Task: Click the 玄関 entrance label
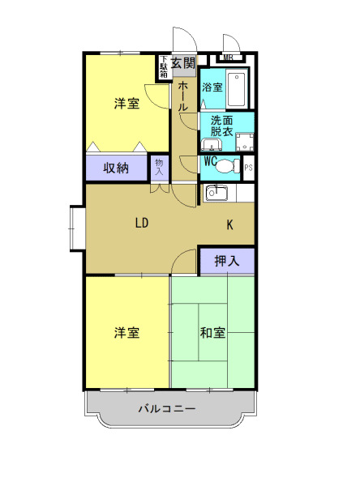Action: [x=183, y=62]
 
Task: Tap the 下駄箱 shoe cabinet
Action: [x=163, y=66]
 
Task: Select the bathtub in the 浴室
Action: [x=238, y=90]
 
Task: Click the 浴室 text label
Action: [x=212, y=87]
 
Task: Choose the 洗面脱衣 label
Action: [x=221, y=125]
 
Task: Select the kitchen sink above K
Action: [x=216, y=193]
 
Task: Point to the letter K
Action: [x=230, y=225]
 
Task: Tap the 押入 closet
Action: [x=227, y=261]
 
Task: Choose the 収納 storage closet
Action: [x=116, y=168]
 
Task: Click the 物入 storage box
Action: [x=160, y=168]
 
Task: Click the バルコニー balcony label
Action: [x=166, y=409]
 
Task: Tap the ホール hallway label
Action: [x=183, y=96]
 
